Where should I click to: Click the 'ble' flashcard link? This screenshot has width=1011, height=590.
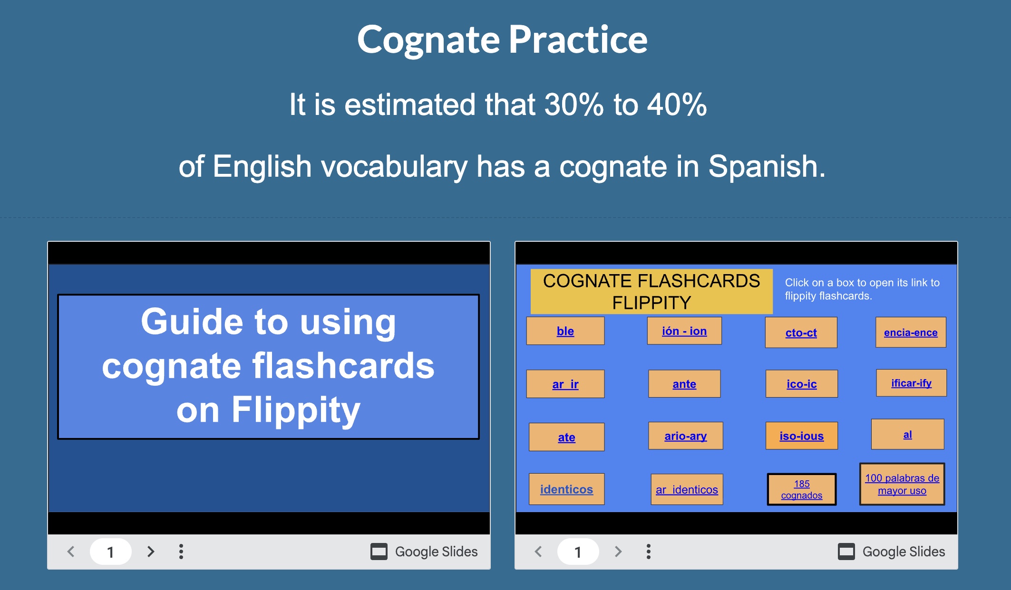565,331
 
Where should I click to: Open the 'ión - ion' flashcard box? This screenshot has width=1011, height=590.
684,331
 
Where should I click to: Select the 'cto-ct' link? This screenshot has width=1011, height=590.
801,333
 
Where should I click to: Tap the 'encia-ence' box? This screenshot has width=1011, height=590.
910,333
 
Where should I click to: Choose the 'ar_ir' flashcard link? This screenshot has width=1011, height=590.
565,384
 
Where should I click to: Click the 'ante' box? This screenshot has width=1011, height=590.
684,384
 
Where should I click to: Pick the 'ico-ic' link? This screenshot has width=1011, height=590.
801,384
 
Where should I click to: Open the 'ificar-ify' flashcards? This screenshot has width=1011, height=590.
911,383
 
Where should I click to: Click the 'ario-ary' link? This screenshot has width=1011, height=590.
685,436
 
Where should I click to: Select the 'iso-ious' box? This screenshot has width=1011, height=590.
801,436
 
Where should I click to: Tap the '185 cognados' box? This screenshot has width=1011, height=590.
801,489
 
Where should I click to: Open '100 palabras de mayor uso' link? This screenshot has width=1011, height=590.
902,484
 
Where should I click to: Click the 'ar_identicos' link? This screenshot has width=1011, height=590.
686,490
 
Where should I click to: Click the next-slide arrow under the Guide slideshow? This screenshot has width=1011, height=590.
151,552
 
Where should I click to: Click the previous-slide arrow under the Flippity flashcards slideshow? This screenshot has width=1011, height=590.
538,552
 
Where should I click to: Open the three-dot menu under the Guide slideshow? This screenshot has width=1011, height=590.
181,552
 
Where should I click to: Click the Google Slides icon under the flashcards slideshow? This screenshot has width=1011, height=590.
846,552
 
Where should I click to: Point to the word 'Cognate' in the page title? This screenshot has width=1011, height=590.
428,40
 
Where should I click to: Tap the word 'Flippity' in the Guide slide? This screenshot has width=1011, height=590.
295,409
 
